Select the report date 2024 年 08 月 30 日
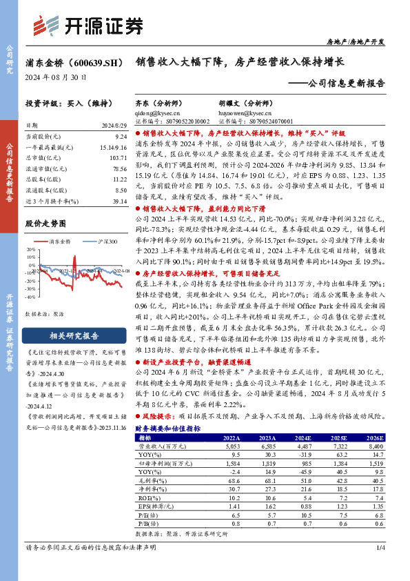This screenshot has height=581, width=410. (x=57, y=78)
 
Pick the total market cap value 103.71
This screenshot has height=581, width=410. (x=119, y=158)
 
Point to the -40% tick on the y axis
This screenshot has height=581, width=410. (x=31, y=295)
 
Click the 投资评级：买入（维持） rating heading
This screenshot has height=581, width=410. (x=68, y=103)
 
